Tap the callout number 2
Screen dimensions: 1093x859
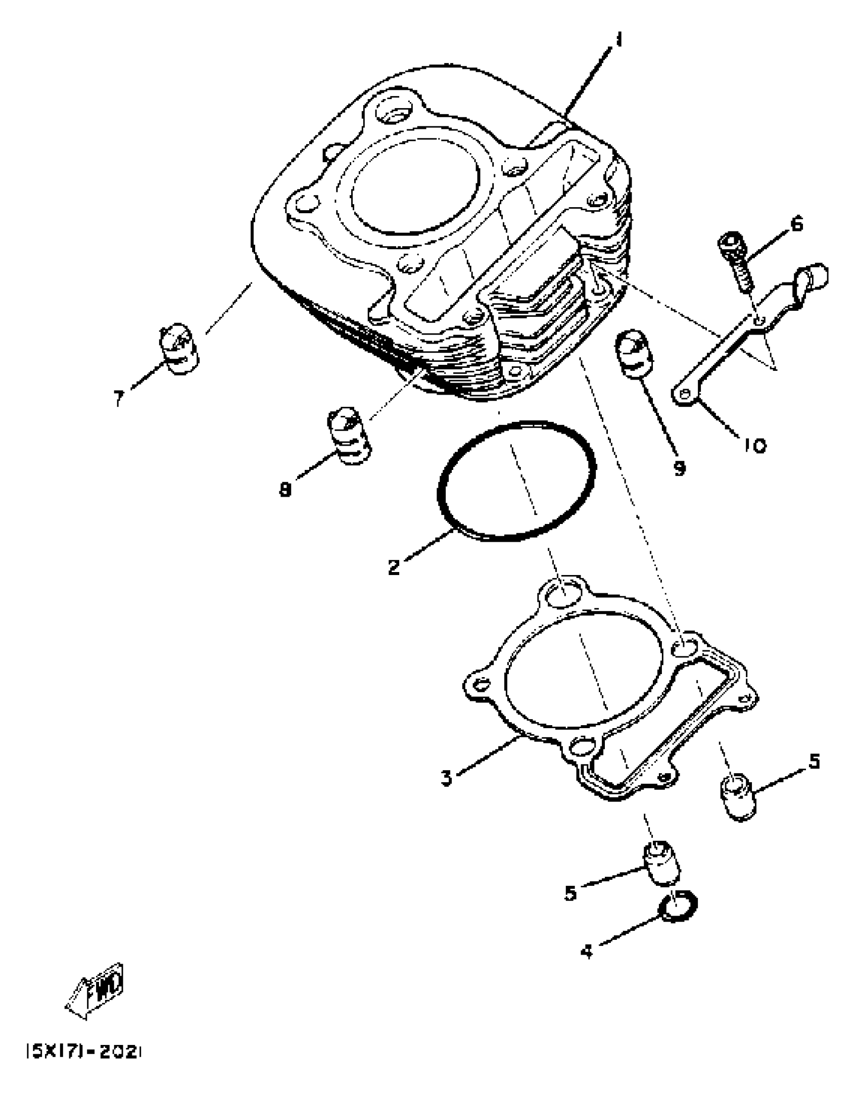395,566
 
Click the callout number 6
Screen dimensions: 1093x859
796,223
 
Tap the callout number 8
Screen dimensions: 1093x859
286,489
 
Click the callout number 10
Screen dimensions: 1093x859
754,446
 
